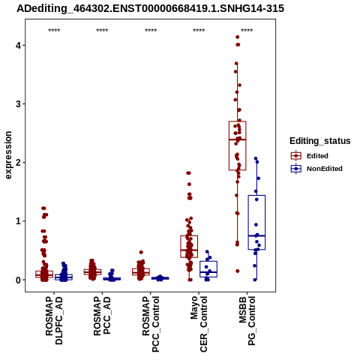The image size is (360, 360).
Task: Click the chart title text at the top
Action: (x=151, y=8)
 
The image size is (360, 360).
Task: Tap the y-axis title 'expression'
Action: (x=8, y=155)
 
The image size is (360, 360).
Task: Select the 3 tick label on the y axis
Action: (x=19, y=104)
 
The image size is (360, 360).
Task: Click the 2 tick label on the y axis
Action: (x=19, y=163)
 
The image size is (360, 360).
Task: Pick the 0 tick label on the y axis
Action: (x=19, y=280)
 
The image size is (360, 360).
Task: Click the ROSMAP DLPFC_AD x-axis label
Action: (x=54, y=320)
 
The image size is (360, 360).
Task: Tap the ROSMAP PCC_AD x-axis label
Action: (x=102, y=316)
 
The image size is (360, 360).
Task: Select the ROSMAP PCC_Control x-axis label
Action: (x=151, y=324)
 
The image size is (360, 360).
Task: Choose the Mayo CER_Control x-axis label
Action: (x=199, y=324)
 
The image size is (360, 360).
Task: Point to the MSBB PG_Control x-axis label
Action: (x=247, y=321)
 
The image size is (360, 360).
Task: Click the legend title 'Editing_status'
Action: (x=320, y=141)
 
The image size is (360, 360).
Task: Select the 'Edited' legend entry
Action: (x=310, y=156)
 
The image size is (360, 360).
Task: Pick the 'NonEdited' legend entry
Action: (x=316, y=169)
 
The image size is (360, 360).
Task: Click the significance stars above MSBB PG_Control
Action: (x=247, y=31)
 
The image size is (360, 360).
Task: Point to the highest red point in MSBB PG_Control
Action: (x=238, y=37)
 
